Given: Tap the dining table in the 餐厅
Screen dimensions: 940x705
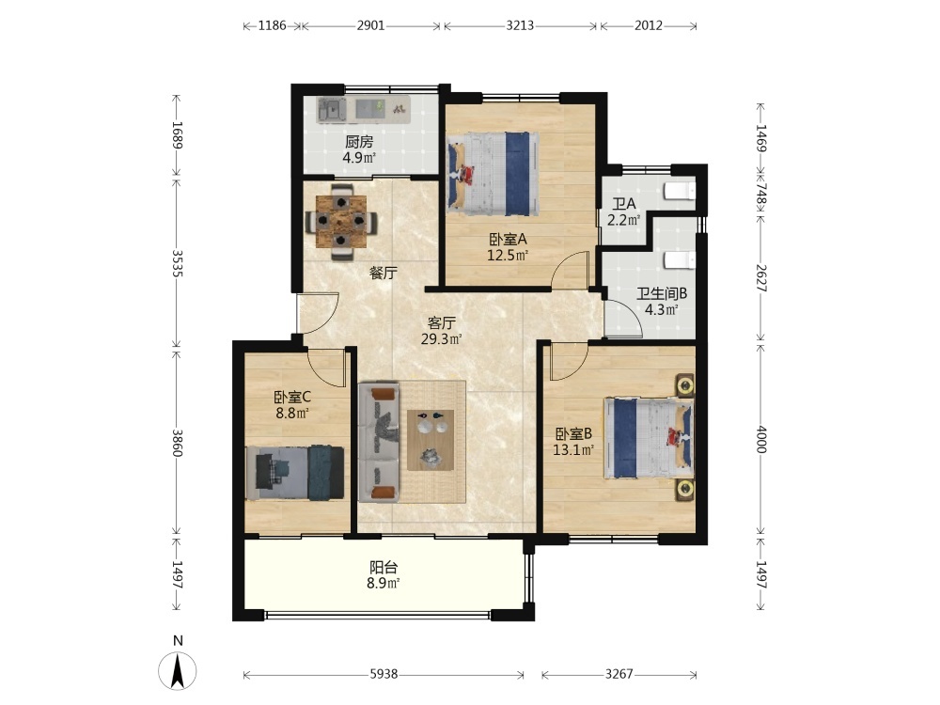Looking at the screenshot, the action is (x=341, y=222).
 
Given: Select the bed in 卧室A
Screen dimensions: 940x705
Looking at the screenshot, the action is (x=493, y=174).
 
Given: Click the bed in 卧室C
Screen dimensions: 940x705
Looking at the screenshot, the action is (x=295, y=473).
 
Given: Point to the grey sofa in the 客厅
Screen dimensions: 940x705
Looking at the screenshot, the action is (x=379, y=443).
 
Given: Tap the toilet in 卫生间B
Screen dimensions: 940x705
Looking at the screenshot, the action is (x=681, y=260).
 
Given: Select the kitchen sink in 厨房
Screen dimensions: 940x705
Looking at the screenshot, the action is (x=332, y=110).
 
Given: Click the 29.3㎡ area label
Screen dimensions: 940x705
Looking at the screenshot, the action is (x=441, y=340).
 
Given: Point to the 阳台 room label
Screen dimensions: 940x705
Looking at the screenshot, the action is (x=384, y=567).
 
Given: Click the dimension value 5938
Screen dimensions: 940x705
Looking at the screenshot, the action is (x=384, y=674).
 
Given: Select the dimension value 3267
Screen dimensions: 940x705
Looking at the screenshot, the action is (x=619, y=674).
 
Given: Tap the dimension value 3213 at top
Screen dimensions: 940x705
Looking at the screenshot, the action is (x=520, y=25).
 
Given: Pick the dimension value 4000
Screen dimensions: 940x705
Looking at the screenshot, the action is (x=761, y=439).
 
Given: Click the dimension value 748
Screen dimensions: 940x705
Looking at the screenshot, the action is (x=761, y=194).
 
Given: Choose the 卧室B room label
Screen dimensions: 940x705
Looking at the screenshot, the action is (x=573, y=433).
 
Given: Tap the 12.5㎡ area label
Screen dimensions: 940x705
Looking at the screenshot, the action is (x=508, y=256).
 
